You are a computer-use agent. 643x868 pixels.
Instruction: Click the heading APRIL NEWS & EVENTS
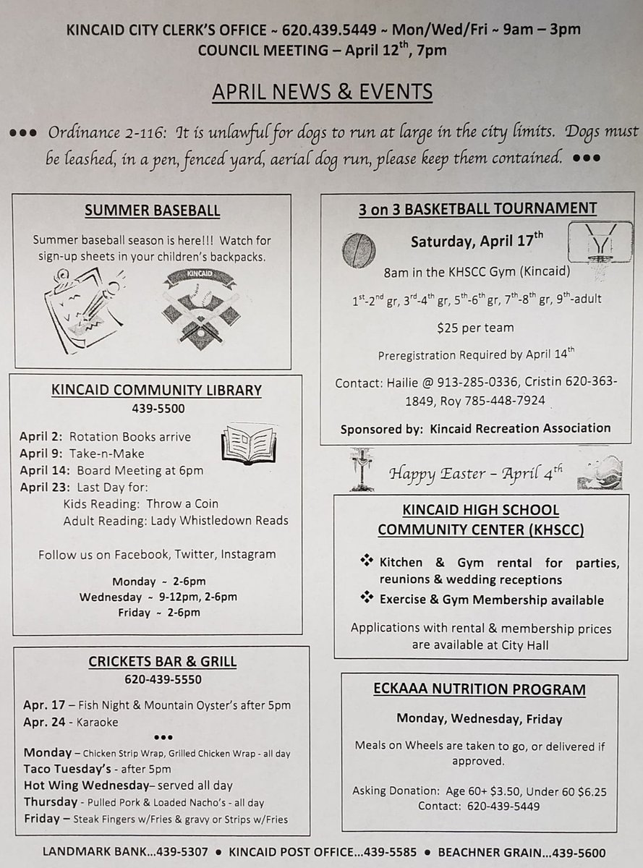323,93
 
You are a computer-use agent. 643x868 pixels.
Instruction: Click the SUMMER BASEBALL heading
153,211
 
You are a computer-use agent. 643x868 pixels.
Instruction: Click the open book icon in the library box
249,443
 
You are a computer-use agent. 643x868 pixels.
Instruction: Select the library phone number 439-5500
158,409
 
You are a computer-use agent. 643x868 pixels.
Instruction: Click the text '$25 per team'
475,328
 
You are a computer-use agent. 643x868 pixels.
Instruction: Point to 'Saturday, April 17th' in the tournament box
476,242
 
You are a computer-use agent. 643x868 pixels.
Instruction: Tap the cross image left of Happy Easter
359,469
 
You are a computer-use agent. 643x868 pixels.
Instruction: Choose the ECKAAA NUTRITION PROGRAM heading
479,689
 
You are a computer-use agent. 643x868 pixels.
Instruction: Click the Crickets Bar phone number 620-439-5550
163,679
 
